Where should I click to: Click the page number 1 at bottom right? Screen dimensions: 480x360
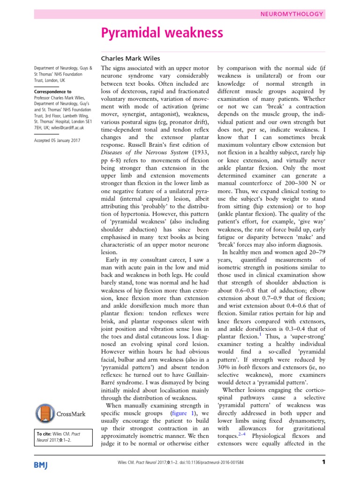(x=323, y=464)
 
